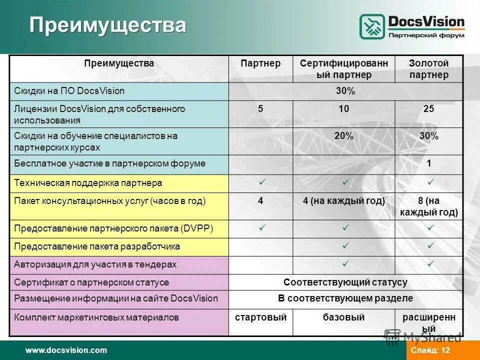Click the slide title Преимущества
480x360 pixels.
pos(107,25)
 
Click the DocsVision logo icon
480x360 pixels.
pos(372,26)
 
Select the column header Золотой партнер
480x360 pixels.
pos(428,69)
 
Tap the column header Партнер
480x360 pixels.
pos(260,63)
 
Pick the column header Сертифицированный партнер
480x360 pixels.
pos(343,69)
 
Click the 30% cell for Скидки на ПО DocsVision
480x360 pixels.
pos(345,91)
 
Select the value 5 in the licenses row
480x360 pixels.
pos(260,109)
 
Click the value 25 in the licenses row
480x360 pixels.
pos(428,109)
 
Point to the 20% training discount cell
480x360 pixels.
pos(343,136)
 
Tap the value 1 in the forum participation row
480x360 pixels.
pos(428,163)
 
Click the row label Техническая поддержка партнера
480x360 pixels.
pos(88,183)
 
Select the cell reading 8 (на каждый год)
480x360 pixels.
pos(428,206)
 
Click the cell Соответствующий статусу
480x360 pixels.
pos(345,282)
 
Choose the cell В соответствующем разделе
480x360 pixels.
pos(345,298)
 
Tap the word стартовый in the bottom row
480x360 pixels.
pos(260,317)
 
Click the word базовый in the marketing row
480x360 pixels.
pos(343,317)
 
